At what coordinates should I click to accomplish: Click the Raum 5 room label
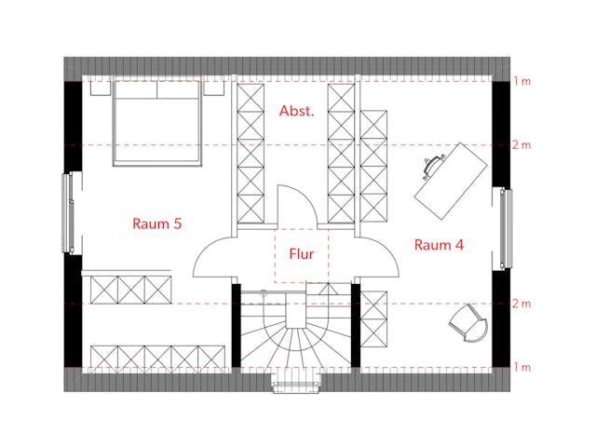click(157, 223)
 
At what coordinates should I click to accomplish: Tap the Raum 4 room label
click(439, 245)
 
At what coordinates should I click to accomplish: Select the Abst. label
click(296, 111)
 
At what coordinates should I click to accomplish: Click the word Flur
click(302, 254)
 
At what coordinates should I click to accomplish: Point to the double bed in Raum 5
click(156, 123)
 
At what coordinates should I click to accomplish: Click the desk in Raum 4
click(451, 181)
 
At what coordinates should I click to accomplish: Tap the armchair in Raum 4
click(468, 323)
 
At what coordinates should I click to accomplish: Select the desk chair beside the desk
click(433, 166)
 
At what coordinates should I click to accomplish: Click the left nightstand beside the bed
click(101, 88)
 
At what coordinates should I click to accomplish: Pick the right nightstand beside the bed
click(214, 88)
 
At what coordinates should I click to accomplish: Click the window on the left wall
click(68, 212)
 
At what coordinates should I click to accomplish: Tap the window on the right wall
click(506, 228)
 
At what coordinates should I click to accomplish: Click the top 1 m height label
click(521, 81)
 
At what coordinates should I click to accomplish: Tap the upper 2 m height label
click(521, 145)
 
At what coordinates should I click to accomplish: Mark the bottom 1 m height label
click(521, 367)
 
